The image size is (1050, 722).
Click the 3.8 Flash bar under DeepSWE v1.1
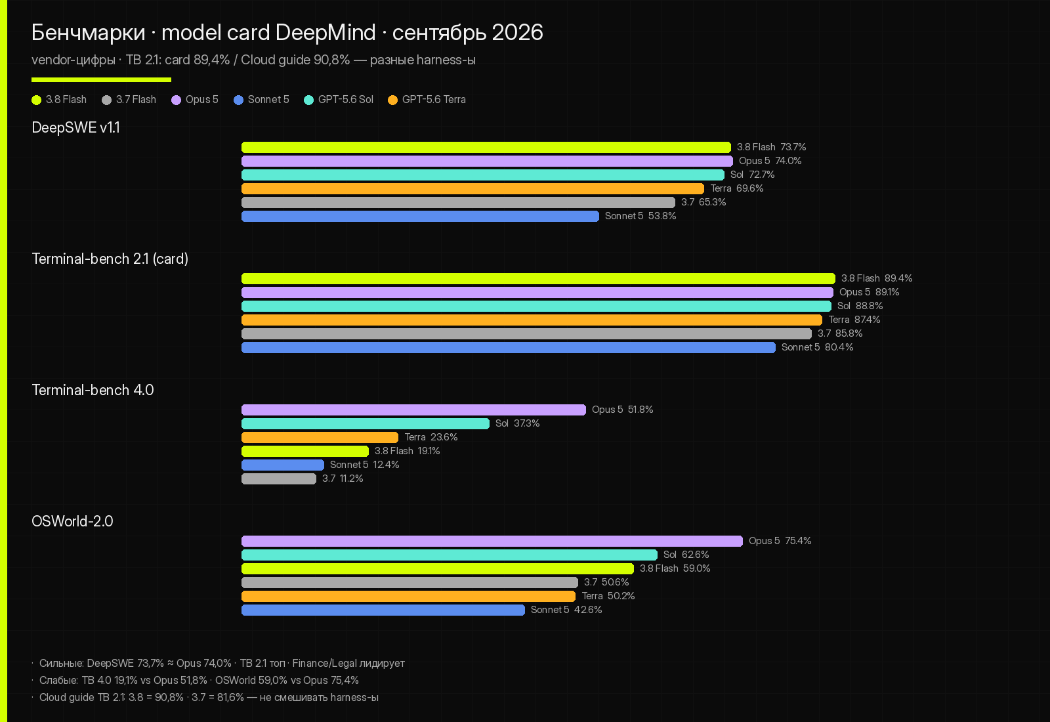click(486, 147)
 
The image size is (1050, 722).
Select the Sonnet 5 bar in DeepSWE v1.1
click(420, 216)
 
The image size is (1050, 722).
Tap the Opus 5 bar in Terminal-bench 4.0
click(413, 410)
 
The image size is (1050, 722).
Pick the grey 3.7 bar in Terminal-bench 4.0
click(279, 478)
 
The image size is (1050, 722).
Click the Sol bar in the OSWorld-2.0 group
click(450, 555)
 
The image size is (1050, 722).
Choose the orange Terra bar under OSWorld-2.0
click(408, 597)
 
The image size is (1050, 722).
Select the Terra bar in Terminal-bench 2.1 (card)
click(532, 320)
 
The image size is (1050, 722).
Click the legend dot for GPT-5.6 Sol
click(308, 100)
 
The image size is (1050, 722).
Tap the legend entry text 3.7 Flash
click(136, 99)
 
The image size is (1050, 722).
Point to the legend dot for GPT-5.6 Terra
click(393, 100)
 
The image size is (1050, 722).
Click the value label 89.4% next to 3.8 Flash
click(898, 278)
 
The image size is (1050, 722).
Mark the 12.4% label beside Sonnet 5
click(387, 465)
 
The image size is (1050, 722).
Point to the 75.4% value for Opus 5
click(798, 541)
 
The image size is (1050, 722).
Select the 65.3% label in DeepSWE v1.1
click(713, 202)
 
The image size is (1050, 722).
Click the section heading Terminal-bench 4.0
click(93, 390)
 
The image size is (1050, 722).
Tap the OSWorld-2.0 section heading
click(72, 521)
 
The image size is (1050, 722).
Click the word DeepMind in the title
click(325, 32)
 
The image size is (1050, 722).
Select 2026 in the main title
click(518, 32)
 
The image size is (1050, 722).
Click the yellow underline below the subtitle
click(101, 80)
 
